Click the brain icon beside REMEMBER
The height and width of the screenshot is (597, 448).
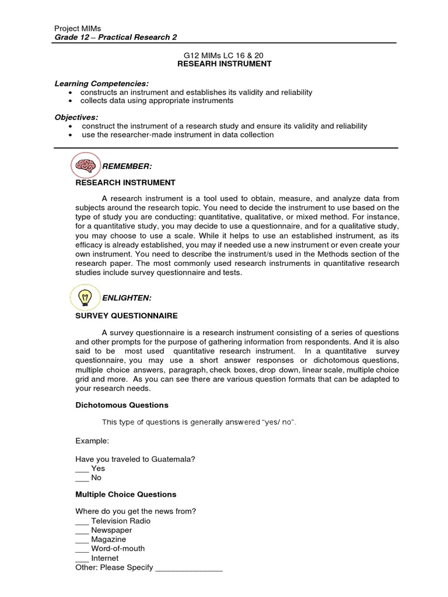(x=85, y=166)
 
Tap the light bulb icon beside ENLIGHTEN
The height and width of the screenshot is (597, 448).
(x=85, y=297)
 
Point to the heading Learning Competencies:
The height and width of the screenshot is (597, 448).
(x=93, y=83)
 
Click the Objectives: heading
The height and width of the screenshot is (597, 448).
(x=76, y=117)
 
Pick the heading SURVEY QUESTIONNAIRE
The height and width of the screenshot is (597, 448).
(x=127, y=315)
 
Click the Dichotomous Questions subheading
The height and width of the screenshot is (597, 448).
(x=122, y=405)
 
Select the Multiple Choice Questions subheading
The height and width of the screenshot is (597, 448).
(x=126, y=494)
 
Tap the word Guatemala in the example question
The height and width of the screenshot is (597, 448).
(x=173, y=459)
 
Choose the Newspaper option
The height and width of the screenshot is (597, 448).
(x=111, y=530)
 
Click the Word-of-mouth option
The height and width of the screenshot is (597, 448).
(x=118, y=549)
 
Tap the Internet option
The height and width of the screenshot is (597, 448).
(x=105, y=558)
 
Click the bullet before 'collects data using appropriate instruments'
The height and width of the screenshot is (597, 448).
(x=71, y=101)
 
